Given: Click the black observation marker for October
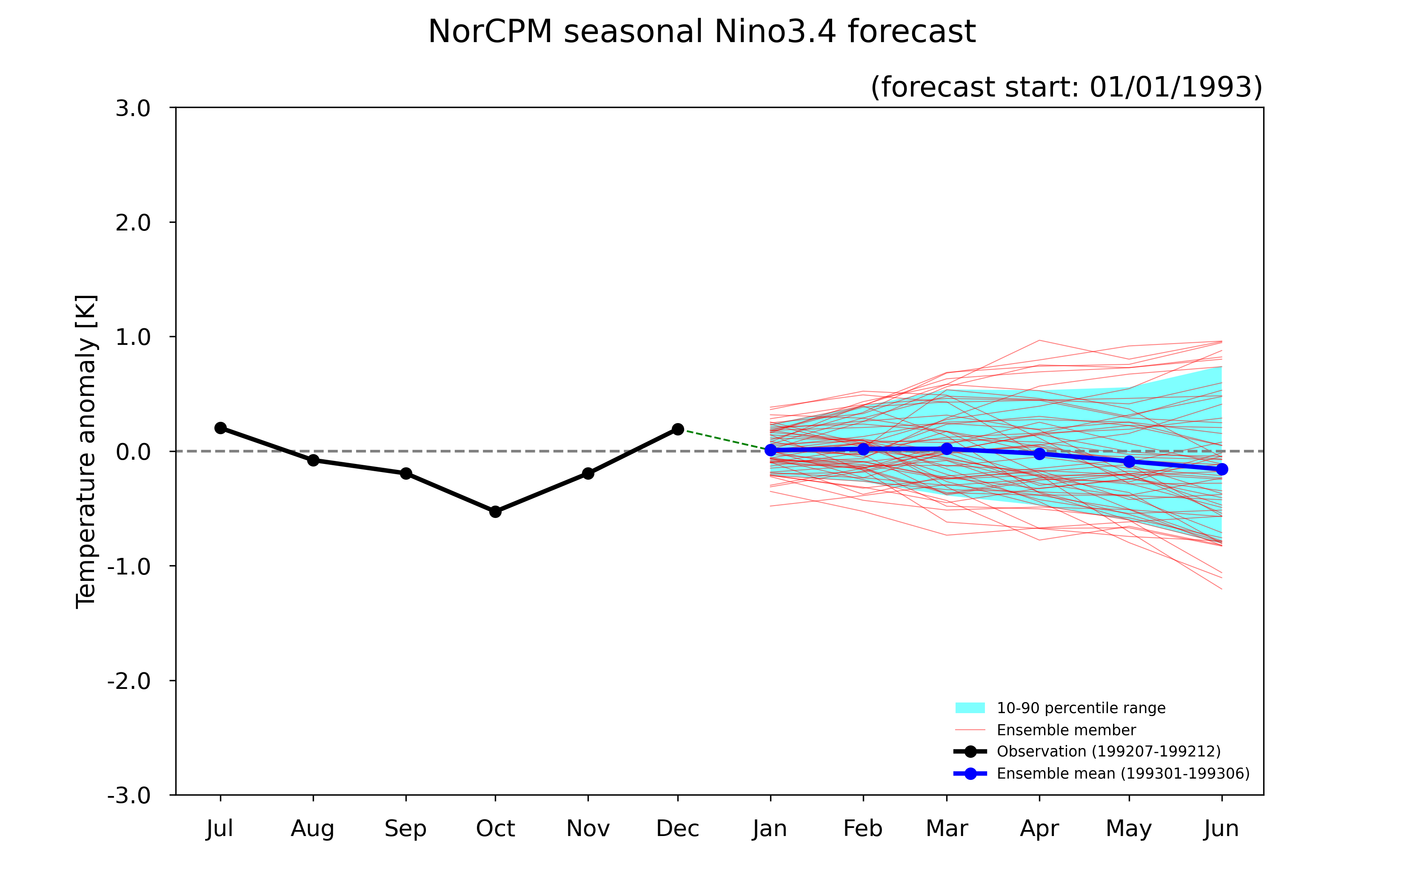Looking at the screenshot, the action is coord(495,512).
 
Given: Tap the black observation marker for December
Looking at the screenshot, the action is coord(677,429).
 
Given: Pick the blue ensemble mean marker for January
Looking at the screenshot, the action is coord(770,450).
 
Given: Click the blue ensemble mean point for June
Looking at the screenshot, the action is coord(1221,469).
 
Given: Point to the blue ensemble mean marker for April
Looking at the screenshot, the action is coord(1039,453).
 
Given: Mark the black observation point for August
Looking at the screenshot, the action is coord(313,461).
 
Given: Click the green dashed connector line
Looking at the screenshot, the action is coord(724,440).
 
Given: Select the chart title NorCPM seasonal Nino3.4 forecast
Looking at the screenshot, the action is coord(702,31).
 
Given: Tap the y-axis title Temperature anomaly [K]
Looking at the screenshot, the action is coord(86,452).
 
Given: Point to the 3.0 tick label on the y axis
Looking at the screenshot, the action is coord(133,108).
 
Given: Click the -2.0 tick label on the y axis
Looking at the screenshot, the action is coord(129,681).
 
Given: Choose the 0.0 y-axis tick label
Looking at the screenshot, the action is coord(133,452).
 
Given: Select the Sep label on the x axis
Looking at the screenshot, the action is coord(406,829).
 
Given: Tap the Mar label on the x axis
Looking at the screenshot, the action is coord(947,828).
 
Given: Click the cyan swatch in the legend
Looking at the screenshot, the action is coord(970,708).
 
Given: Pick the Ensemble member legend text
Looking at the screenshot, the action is coord(1067,730).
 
